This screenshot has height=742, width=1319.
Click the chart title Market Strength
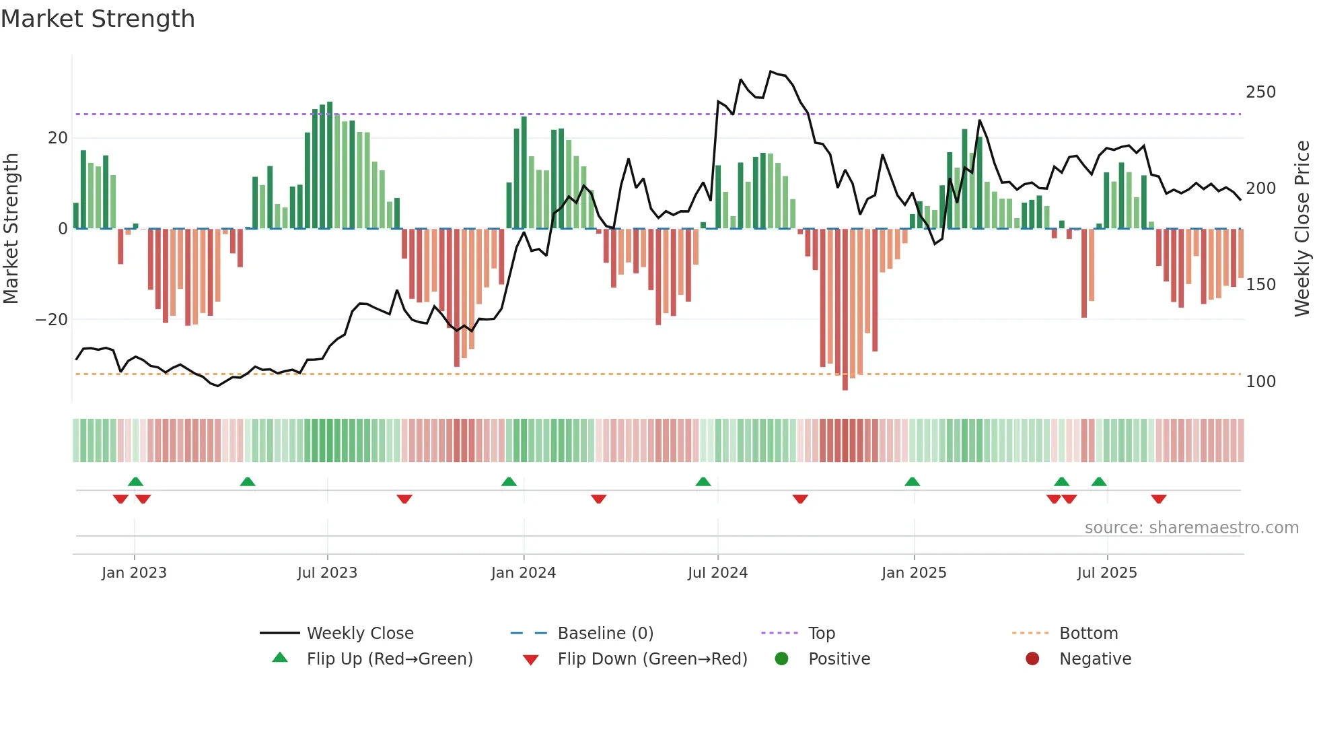point(98,19)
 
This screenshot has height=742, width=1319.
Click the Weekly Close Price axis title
point(1302,228)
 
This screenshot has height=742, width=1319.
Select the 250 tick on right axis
point(1260,92)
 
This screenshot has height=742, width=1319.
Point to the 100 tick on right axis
point(1260,382)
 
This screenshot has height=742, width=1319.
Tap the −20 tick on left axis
point(52,320)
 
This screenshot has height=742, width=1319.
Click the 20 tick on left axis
point(58,138)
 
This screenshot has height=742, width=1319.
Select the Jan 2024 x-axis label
point(524,573)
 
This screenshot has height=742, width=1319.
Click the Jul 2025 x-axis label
point(1107,573)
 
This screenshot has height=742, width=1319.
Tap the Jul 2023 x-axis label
point(327,573)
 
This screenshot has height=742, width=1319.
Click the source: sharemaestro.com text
point(1191,528)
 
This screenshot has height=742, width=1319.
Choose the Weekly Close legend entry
point(360,634)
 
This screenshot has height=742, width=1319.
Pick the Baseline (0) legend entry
point(605,634)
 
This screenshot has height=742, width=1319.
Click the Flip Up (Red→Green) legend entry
point(389,659)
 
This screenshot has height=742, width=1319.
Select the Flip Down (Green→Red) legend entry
point(651,659)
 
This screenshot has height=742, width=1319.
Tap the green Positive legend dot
point(781,659)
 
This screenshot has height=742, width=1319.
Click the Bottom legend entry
point(1088,634)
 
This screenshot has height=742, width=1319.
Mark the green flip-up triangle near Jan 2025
point(912,482)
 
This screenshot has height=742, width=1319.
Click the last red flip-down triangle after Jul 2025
point(1158,499)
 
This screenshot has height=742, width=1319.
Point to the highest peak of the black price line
point(771,71)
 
